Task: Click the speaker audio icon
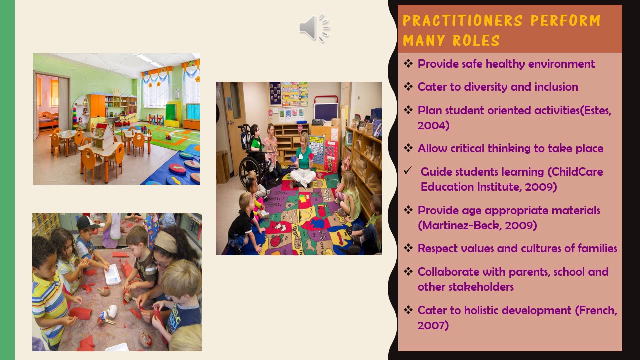314,27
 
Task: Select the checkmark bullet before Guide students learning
408,171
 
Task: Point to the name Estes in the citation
597,111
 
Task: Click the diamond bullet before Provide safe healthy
408,64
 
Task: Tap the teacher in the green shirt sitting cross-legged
303,160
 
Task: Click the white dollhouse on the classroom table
103,135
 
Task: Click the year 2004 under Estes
433,126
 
